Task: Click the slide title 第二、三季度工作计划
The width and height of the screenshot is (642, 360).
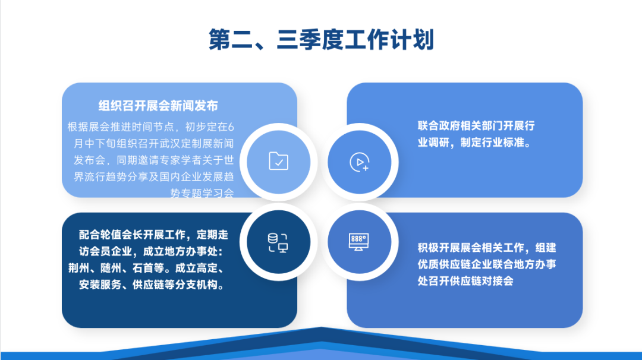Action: (x=321, y=40)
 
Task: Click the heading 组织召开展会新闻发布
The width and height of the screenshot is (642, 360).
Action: (x=159, y=106)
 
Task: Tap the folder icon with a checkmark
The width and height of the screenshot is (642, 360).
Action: (x=278, y=161)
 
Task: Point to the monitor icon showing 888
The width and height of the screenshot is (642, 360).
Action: (x=358, y=241)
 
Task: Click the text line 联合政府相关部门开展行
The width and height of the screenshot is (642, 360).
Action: (x=476, y=126)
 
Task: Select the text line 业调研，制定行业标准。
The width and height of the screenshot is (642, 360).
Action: (x=474, y=143)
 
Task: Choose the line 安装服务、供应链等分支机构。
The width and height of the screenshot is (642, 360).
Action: (x=152, y=284)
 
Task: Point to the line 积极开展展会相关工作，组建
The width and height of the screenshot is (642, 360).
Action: (x=487, y=248)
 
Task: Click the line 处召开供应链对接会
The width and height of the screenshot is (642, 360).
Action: (x=465, y=281)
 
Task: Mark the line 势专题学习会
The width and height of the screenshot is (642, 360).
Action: (x=202, y=192)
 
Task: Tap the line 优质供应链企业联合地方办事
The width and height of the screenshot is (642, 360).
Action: (x=487, y=264)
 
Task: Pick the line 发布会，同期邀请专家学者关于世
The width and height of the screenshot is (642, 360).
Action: (x=154, y=160)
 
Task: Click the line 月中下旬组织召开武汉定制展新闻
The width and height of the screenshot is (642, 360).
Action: (x=154, y=143)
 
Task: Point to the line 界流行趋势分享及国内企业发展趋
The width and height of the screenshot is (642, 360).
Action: (x=154, y=176)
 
